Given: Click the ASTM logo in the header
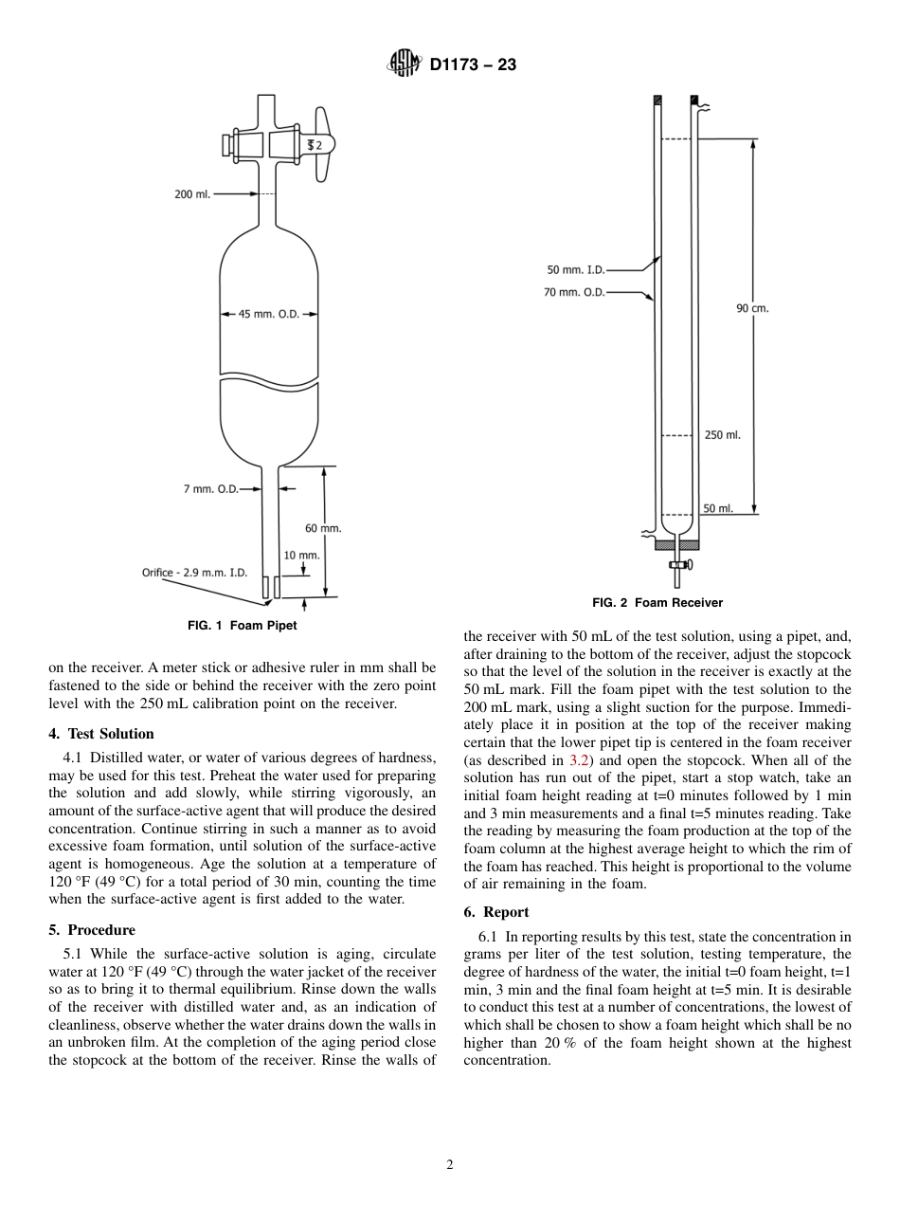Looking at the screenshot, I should [x=405, y=65].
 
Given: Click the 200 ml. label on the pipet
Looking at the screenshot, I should [x=192, y=194].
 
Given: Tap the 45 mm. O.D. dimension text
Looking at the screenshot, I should [x=269, y=314].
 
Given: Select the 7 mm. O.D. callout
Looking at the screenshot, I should [x=210, y=489].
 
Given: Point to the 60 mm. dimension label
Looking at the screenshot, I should [x=323, y=528].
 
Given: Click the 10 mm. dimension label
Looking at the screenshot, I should [x=302, y=555].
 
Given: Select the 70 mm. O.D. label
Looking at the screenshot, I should [x=574, y=292].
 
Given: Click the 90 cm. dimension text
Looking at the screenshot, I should [x=752, y=308].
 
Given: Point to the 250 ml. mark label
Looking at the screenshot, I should [x=723, y=435].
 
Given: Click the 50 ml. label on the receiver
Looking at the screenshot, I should [x=718, y=509].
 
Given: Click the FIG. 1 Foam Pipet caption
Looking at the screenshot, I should [x=235, y=625].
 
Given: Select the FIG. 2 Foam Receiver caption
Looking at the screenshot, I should [x=657, y=602].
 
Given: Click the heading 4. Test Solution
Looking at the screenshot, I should [x=101, y=733].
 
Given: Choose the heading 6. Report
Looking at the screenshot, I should [x=496, y=912].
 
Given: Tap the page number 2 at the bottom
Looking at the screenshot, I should [x=450, y=1164].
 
